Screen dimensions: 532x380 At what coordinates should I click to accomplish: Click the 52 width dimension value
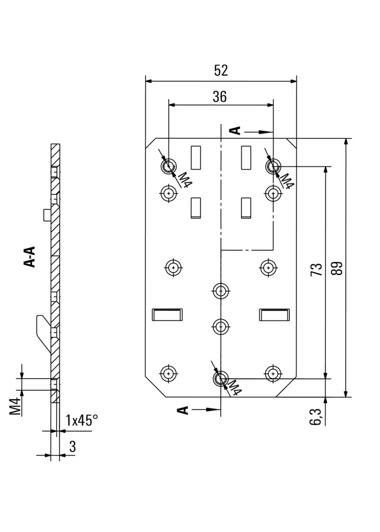(x=221, y=70)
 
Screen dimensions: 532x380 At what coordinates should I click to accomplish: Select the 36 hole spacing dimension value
(x=219, y=97)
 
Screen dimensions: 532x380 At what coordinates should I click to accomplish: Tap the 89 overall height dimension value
(x=338, y=269)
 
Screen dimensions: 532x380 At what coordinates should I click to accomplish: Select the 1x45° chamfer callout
(x=82, y=420)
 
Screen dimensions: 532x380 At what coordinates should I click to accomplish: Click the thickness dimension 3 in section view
(x=72, y=446)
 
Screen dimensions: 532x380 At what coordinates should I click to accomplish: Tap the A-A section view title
(x=30, y=257)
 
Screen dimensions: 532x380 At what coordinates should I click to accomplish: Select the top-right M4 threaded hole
(x=273, y=166)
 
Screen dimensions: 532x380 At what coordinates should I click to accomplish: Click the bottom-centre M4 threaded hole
(x=220, y=378)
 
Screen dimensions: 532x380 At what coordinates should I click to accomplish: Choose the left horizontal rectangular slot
(x=167, y=315)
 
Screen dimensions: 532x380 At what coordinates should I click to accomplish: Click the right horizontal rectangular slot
(x=274, y=315)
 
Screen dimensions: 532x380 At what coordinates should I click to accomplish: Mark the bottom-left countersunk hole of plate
(x=168, y=374)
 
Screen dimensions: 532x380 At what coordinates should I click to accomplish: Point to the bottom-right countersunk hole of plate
(x=272, y=374)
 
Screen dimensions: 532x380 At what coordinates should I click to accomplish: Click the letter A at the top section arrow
(x=235, y=131)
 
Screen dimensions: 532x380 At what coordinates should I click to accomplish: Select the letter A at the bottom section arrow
(x=183, y=409)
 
